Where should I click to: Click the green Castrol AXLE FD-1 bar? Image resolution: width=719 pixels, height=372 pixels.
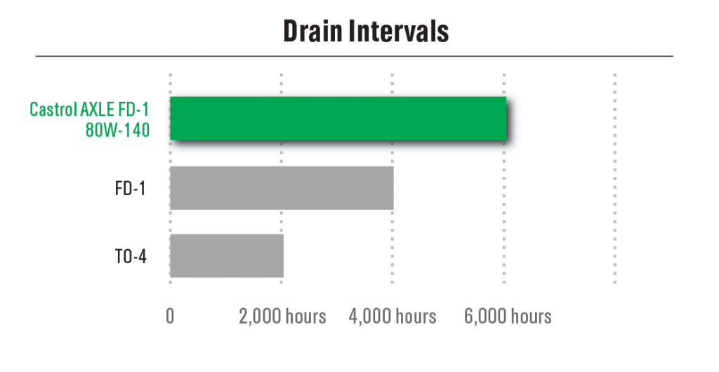click(338, 118)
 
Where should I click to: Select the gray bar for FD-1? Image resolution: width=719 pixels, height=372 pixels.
click(282, 188)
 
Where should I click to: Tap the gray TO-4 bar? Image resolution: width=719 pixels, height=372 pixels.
click(227, 255)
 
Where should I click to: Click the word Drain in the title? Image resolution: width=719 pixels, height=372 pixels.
click(312, 31)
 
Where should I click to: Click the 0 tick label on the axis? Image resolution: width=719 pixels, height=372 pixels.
click(170, 316)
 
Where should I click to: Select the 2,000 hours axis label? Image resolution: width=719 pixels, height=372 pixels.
click(282, 316)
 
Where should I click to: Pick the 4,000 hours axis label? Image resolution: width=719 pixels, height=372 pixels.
click(393, 316)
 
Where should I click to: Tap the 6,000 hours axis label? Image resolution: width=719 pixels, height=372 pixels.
click(508, 316)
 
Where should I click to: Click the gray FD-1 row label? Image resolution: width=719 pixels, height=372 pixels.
click(130, 188)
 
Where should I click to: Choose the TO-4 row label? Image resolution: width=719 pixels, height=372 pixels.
click(131, 257)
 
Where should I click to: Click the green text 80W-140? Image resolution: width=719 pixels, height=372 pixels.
click(117, 130)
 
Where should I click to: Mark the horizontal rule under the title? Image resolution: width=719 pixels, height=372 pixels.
click(355, 56)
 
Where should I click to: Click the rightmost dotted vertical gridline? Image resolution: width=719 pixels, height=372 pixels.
click(615, 178)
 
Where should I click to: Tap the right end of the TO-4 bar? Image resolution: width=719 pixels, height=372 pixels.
click(284, 255)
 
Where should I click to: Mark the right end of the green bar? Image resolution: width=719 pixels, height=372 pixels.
click(506, 118)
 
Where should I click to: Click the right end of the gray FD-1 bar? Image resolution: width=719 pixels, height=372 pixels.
click(393, 188)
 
